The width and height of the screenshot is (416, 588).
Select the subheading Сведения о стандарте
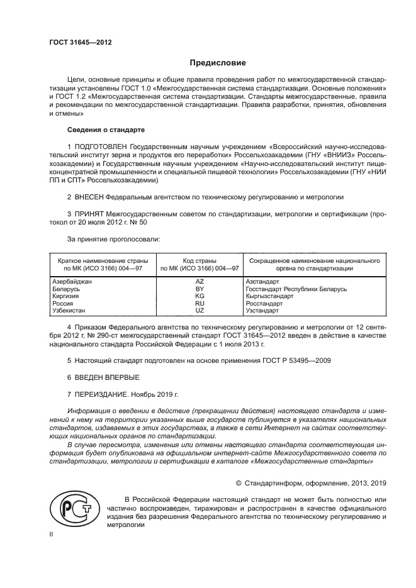click(106, 130)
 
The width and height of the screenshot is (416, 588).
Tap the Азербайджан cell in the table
click(71, 282)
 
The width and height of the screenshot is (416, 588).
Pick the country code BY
click(200, 289)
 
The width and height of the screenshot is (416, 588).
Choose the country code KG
click(200, 296)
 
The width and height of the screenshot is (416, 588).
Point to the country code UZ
click(200, 311)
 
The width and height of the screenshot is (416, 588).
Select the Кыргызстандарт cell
click(269, 296)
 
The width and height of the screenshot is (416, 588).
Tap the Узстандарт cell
click(263, 311)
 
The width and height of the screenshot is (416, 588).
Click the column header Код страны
click(200, 260)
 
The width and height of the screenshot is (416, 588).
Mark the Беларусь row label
click(65, 289)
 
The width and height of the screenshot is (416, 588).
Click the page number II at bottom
click(52, 534)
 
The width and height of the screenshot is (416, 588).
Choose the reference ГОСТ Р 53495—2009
click(286, 361)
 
